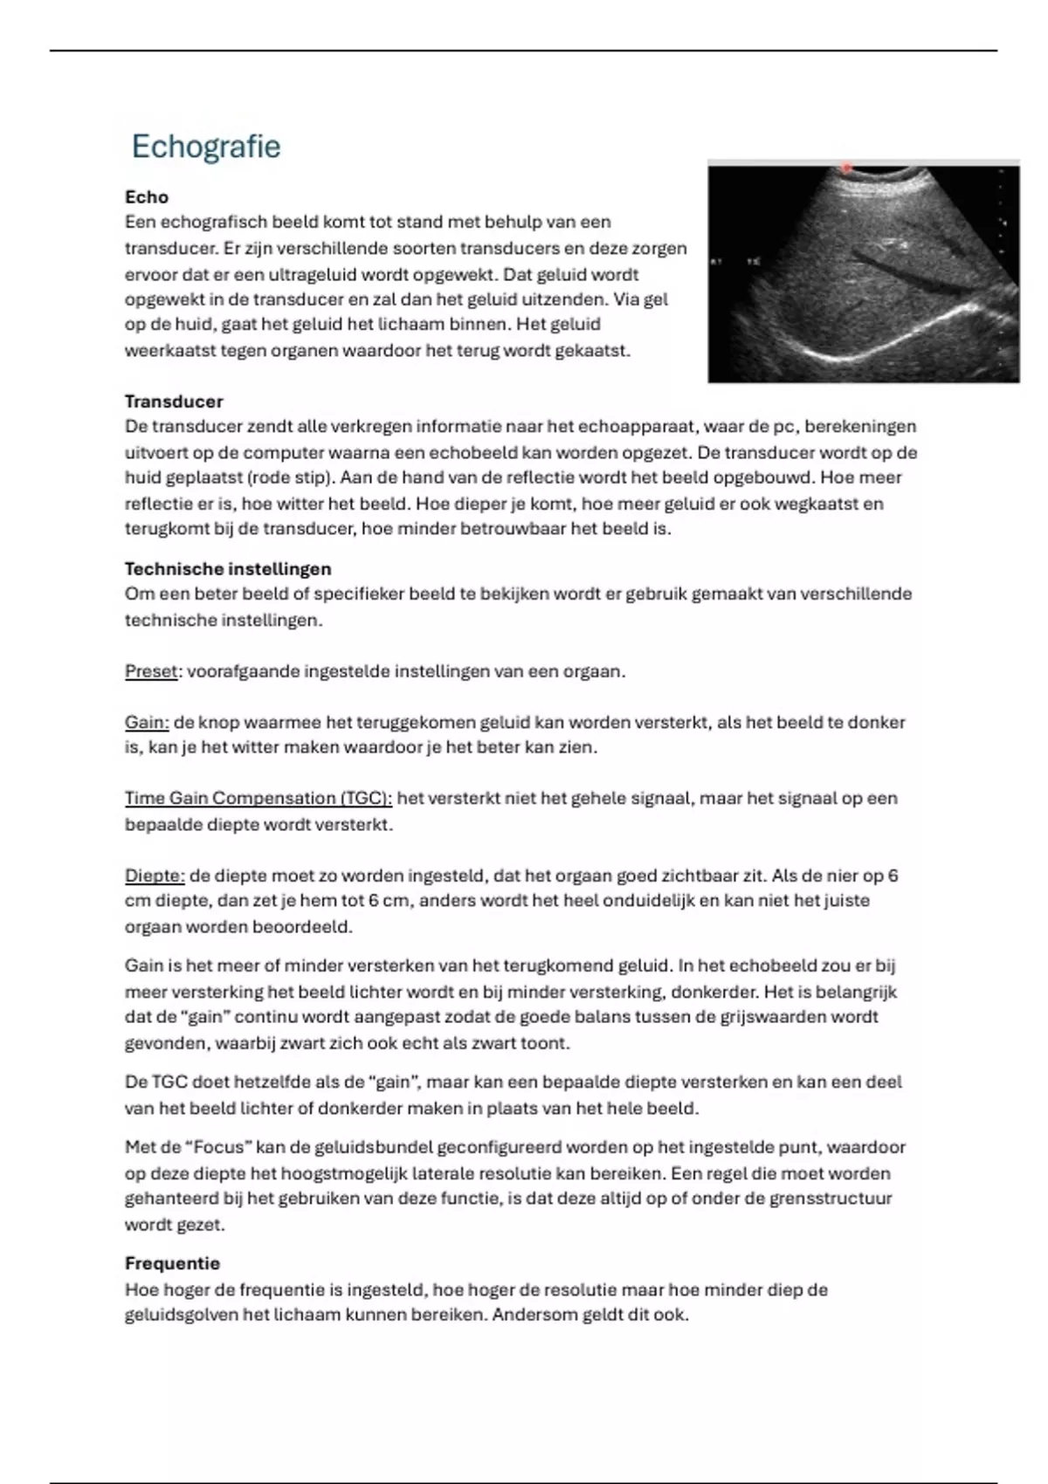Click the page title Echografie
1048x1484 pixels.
(206, 147)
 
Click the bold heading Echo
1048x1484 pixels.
(147, 197)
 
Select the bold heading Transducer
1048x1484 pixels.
(174, 402)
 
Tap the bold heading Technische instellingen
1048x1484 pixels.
(228, 569)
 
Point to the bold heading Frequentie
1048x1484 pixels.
(172, 1263)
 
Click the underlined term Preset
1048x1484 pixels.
(151, 671)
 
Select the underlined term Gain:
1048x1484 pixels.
(147, 722)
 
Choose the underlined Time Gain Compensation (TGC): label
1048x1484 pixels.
(259, 798)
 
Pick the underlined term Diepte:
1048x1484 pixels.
(155, 876)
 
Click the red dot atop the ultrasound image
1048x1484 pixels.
(845, 167)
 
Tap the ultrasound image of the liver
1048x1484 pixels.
(863, 272)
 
